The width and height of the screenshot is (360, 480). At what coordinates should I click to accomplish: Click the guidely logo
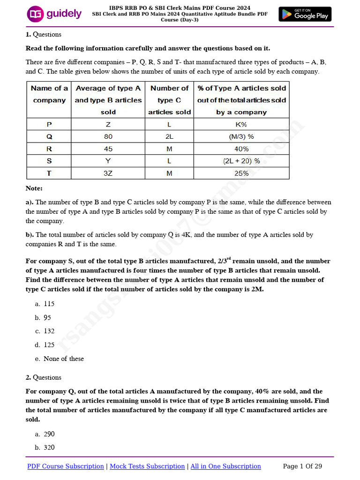54,14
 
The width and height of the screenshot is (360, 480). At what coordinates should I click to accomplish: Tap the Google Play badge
305,14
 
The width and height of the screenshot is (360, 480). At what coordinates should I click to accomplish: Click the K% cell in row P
241,124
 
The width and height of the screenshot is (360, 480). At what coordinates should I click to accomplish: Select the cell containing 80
108,136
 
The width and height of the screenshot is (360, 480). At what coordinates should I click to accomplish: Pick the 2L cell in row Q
169,136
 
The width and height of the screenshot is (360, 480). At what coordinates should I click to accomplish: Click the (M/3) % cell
241,136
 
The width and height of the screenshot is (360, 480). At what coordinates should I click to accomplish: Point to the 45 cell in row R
108,149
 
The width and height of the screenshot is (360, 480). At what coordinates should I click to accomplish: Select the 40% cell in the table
241,149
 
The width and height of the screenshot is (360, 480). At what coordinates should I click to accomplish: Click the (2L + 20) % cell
241,161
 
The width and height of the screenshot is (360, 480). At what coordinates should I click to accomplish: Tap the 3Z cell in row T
108,173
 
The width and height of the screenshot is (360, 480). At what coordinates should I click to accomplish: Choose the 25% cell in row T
241,173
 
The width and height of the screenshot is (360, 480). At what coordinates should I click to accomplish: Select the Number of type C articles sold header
169,100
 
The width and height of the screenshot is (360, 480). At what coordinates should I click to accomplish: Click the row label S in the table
49,161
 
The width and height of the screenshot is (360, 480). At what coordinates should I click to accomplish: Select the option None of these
63,359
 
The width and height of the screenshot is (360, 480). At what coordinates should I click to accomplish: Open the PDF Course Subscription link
66,466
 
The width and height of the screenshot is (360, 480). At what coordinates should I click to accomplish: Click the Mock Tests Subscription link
147,466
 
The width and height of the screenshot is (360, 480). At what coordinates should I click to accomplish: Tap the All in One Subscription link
225,466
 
